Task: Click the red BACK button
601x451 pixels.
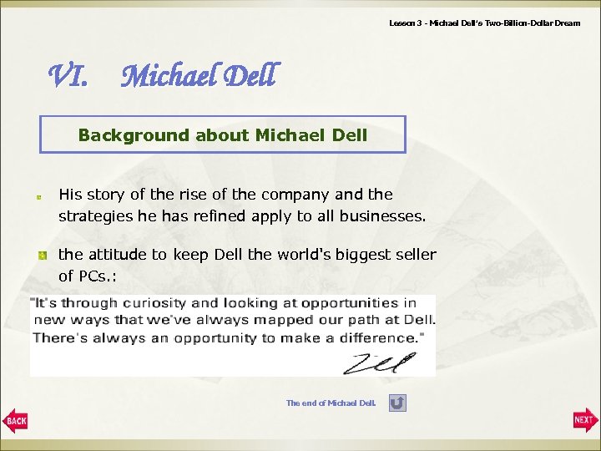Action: coord(15,419)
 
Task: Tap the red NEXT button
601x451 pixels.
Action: coord(585,419)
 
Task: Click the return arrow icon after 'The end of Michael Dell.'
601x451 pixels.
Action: coord(398,403)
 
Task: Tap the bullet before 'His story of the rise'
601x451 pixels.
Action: coord(38,197)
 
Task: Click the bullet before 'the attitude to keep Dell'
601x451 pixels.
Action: coord(38,254)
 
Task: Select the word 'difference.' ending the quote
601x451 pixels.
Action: coord(379,337)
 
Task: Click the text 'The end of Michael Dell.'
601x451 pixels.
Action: coord(331,403)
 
